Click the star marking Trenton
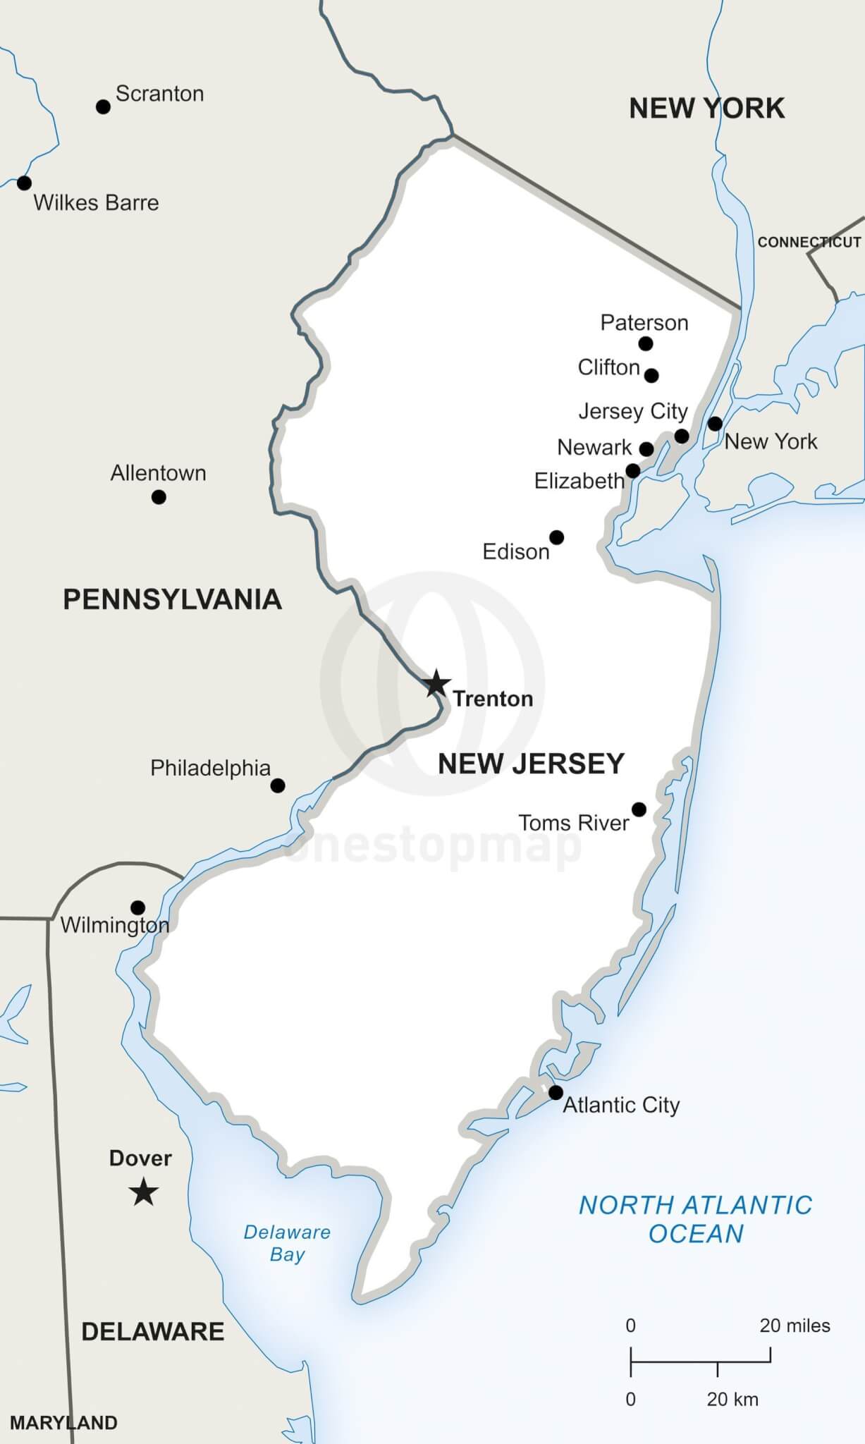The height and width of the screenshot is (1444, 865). (436, 683)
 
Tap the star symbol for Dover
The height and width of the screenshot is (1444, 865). (144, 1192)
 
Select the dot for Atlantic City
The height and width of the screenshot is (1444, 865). (556, 1092)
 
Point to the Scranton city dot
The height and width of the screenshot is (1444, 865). (103, 106)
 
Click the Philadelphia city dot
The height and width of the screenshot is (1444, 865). (278, 785)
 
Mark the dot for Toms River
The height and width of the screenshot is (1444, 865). (639, 809)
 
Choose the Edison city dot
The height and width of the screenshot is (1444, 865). (556, 537)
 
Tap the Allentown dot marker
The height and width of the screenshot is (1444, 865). (159, 497)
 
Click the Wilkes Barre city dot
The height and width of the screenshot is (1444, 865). (24, 183)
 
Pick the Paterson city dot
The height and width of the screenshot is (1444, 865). (646, 343)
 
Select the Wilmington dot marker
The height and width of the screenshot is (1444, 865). (138, 907)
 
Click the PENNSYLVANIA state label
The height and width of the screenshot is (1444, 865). (173, 599)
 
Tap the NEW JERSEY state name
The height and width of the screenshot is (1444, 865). (531, 764)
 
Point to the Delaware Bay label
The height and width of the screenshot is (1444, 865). (287, 1243)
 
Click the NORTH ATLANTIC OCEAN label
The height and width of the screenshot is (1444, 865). (696, 1219)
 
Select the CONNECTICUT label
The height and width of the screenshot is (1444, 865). (809, 242)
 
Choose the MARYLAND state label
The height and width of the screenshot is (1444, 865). (63, 1423)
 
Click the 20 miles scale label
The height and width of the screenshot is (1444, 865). (795, 1326)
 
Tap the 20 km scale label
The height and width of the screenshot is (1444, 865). (732, 1400)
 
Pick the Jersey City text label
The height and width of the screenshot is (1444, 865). (633, 411)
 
